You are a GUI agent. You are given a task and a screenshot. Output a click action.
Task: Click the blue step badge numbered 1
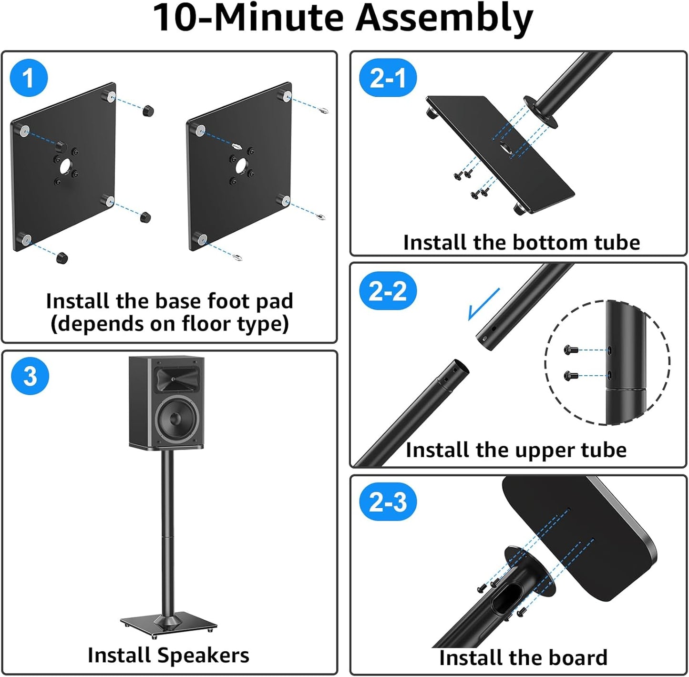(x=29, y=78)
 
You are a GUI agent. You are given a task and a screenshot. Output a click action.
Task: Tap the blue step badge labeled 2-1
(x=388, y=78)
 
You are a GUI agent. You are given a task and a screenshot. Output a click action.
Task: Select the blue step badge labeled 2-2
(x=388, y=291)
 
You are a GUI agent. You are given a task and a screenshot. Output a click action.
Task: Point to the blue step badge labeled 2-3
(x=388, y=502)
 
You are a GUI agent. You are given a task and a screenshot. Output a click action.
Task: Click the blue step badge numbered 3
(x=30, y=376)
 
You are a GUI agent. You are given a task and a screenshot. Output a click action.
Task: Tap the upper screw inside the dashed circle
(x=571, y=350)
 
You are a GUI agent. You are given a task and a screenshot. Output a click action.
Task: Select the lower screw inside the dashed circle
(x=571, y=376)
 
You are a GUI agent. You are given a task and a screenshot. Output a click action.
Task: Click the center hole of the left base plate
(x=65, y=166)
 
